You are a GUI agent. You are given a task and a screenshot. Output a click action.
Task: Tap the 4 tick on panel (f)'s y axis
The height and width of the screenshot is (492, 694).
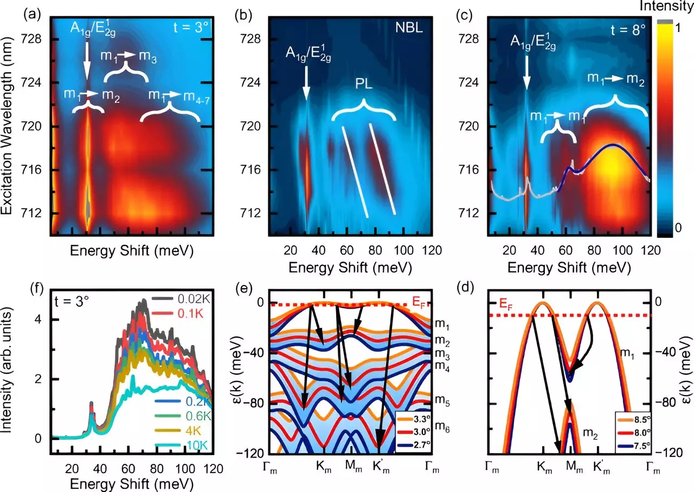point(41,319)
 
